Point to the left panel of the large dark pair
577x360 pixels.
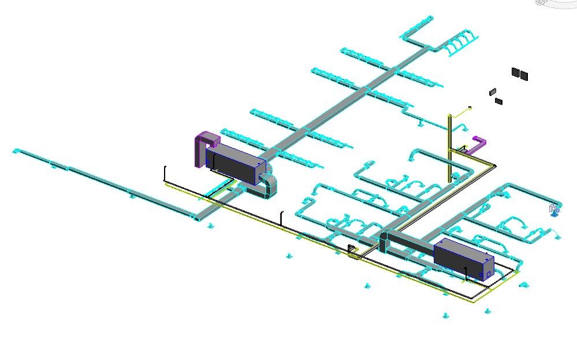pos(515,72)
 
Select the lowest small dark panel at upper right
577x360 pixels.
pos(498,102)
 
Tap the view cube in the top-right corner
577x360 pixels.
pos(554,3)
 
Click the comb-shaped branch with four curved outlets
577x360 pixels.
pos(462,43)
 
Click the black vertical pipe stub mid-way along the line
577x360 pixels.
pos(281,218)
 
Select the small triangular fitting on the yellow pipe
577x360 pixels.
pos(352,250)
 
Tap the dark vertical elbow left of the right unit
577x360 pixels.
pos(383,242)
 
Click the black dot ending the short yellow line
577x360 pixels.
pos(470,107)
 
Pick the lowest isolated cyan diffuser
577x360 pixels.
pos(445,316)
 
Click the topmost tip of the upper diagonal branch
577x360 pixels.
pos(430,17)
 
